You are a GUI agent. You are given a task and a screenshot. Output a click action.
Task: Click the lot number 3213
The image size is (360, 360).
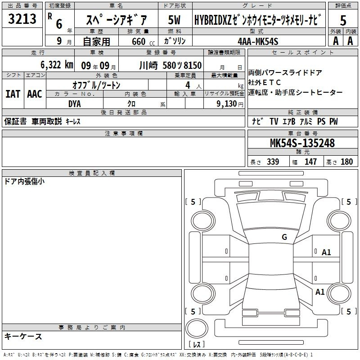(22, 18)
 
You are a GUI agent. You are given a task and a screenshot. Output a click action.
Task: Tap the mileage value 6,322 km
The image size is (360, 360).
(57, 65)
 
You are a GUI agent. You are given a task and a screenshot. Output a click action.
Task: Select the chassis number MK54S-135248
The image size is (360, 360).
(302, 143)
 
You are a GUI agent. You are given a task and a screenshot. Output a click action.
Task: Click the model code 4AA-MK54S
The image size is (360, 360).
(258, 41)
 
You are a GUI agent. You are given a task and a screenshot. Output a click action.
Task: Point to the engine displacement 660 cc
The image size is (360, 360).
(143, 41)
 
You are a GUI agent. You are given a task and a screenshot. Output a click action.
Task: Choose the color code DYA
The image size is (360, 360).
(75, 104)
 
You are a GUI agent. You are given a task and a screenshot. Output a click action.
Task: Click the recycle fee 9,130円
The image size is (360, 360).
(229, 104)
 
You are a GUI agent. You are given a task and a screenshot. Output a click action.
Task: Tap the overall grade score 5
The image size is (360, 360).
(343, 20)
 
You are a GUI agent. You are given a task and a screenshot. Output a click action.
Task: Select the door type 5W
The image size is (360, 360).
(174, 20)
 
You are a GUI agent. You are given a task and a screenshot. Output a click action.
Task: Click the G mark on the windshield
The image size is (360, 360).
(284, 237)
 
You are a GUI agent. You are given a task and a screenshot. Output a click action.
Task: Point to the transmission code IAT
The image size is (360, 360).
(13, 94)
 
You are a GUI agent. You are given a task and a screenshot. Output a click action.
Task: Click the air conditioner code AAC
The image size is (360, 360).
(35, 94)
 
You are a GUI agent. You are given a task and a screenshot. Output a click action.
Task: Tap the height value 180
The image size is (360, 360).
(346, 162)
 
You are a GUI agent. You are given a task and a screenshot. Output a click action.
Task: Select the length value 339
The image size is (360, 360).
(273, 162)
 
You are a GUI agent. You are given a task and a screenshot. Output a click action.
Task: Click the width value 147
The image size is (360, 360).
(310, 162)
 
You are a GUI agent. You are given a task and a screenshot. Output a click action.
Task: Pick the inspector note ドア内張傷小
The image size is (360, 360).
(24, 181)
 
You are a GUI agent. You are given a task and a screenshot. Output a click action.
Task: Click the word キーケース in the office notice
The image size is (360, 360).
(23, 336)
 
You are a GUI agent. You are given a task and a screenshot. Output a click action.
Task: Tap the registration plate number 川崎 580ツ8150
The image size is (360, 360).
(171, 65)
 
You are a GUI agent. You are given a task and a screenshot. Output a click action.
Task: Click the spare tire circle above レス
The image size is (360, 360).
(197, 328)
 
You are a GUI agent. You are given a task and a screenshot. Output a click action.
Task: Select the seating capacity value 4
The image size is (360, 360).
(188, 85)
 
